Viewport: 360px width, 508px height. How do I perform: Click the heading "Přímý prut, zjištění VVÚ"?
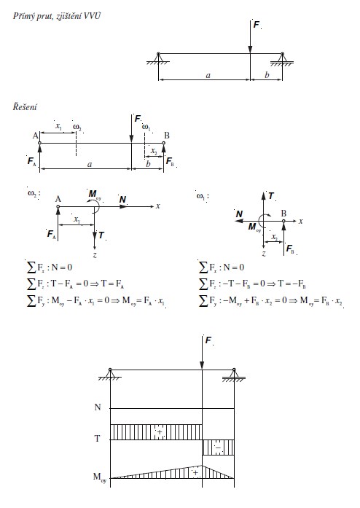pos(57,16)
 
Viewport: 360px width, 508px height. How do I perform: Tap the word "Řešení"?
pos(25,106)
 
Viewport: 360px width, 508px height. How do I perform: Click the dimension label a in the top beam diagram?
pos(208,76)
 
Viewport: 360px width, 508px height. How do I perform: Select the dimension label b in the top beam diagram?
pos(267,75)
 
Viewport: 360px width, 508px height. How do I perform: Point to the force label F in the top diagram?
pos(256,25)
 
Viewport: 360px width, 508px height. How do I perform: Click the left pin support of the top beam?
pos(158,58)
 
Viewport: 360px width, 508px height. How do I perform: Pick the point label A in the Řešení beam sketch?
pos(35,136)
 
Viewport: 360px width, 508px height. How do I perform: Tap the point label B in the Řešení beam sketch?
pos(167,136)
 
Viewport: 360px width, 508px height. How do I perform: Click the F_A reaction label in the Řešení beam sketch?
pos(32,161)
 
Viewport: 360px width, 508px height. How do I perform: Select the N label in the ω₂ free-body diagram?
pos(122,200)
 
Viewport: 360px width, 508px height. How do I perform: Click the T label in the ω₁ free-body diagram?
pos(271,195)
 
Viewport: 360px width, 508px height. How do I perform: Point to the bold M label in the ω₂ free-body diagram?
pos(93,193)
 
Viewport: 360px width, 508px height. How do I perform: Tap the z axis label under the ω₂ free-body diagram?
pos(95,255)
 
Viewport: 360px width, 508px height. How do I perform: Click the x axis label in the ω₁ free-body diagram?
pos(301,222)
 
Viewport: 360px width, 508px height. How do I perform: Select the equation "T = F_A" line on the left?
pos(75,284)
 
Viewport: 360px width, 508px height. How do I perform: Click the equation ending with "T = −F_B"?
pos(252,284)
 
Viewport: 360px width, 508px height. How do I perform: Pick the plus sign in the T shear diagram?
pos(160,432)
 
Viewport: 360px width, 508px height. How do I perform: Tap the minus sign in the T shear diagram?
pos(218,448)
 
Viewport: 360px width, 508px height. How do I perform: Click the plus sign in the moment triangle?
pos(195,473)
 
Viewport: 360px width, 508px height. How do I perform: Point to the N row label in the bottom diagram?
pos(98,407)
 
